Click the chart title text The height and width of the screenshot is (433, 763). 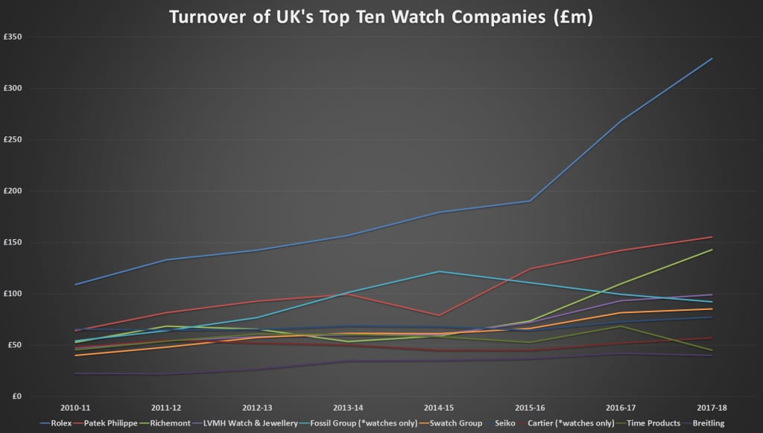click(381, 16)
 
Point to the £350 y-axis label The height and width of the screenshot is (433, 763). click(13, 37)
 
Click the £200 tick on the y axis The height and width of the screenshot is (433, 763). click(13, 191)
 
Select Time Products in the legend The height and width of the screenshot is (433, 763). click(650, 423)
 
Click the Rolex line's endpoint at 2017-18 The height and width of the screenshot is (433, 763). click(712, 58)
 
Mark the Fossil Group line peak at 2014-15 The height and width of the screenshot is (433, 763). click(440, 271)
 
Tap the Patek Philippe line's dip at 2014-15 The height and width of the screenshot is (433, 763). click(440, 315)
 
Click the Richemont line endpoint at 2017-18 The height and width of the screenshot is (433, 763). click(712, 250)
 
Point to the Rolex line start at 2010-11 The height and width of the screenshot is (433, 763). click(75, 285)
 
